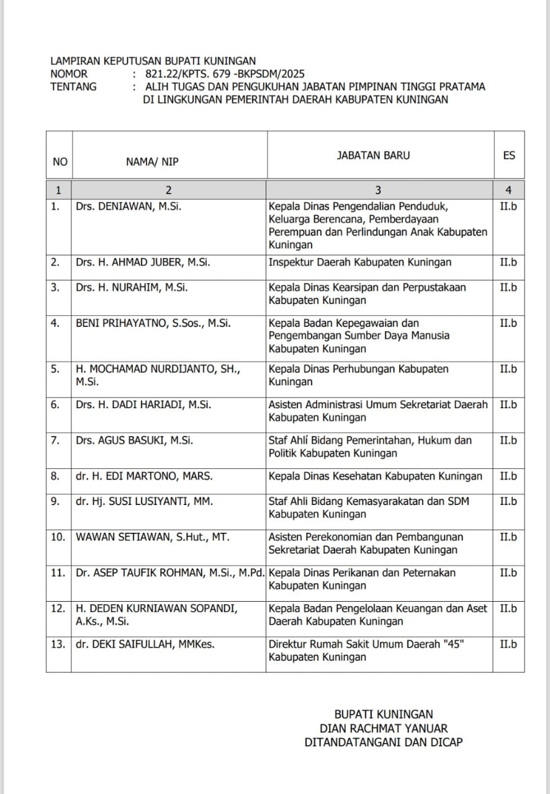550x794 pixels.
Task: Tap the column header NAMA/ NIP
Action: click(152, 162)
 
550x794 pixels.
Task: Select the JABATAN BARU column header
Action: click(373, 156)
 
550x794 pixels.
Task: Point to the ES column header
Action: click(509, 156)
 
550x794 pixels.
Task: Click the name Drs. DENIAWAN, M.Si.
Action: click(128, 207)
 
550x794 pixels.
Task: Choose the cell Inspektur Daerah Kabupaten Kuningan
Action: click(360, 262)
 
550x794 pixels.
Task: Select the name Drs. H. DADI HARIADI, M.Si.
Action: click(143, 404)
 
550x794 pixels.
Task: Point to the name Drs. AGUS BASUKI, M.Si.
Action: click(134, 440)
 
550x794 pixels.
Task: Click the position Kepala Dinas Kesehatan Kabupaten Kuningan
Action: click(375, 476)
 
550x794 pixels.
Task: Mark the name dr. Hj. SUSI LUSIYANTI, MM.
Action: click(145, 501)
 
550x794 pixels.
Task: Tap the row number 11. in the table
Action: click(58, 573)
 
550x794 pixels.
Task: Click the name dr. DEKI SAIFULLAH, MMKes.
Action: click(145, 645)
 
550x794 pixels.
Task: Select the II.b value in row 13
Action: click(508, 645)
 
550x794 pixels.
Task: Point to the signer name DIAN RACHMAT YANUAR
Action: click(384, 728)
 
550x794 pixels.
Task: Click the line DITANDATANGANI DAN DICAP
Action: click(384, 742)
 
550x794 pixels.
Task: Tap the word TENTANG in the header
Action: click(73, 87)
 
